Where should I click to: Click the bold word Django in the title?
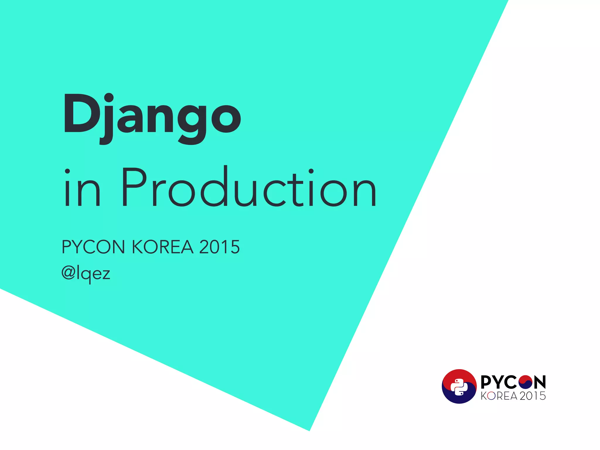pyautogui.click(x=152, y=117)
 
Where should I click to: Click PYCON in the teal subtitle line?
pyautogui.click(x=93, y=247)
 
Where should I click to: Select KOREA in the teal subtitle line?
pyautogui.click(x=163, y=247)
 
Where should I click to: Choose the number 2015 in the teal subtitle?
pyautogui.click(x=219, y=247)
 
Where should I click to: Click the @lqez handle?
pyautogui.click(x=86, y=274)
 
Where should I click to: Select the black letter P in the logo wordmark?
pyautogui.click(x=487, y=382)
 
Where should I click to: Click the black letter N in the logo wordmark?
pyautogui.click(x=539, y=382)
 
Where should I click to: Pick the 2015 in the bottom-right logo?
pyautogui.click(x=533, y=396)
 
